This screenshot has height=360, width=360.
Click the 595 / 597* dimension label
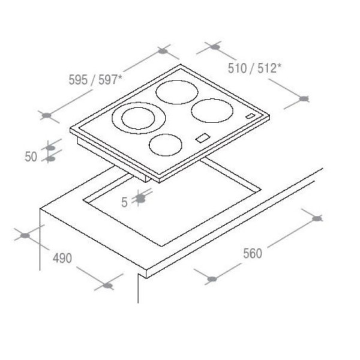(x=95, y=80)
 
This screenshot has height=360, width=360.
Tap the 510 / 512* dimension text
(x=254, y=68)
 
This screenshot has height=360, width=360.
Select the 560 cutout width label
(x=253, y=253)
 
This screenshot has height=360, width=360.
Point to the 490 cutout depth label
(x=62, y=258)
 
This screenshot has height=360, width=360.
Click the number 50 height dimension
(x=31, y=157)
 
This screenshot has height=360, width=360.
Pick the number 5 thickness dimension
(x=124, y=202)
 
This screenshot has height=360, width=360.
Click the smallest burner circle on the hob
(x=166, y=145)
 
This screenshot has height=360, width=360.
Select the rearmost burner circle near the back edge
(x=177, y=92)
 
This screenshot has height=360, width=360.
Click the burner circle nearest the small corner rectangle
(x=212, y=110)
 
